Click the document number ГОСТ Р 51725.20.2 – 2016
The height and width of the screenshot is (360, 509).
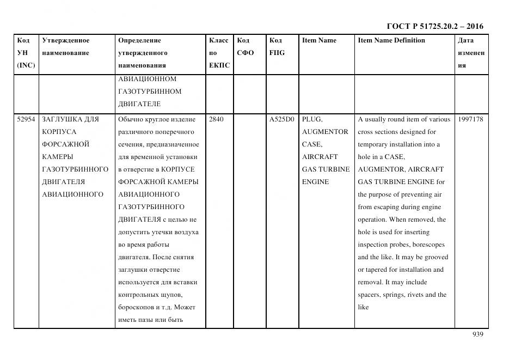434,26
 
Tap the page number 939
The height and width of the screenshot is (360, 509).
477,334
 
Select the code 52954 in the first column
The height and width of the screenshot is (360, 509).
26,119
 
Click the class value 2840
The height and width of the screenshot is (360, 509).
216,119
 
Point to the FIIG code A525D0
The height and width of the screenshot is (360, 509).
281,119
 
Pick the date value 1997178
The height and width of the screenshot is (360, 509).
470,119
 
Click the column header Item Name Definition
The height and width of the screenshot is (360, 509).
391,40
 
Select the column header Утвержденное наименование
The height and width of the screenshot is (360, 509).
65,47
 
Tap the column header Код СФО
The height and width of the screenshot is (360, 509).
246,47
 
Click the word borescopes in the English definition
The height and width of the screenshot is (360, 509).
426,245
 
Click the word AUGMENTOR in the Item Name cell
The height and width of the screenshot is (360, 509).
325,132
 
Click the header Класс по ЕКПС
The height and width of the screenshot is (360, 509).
219,53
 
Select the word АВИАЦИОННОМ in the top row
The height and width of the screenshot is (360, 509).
147,78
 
